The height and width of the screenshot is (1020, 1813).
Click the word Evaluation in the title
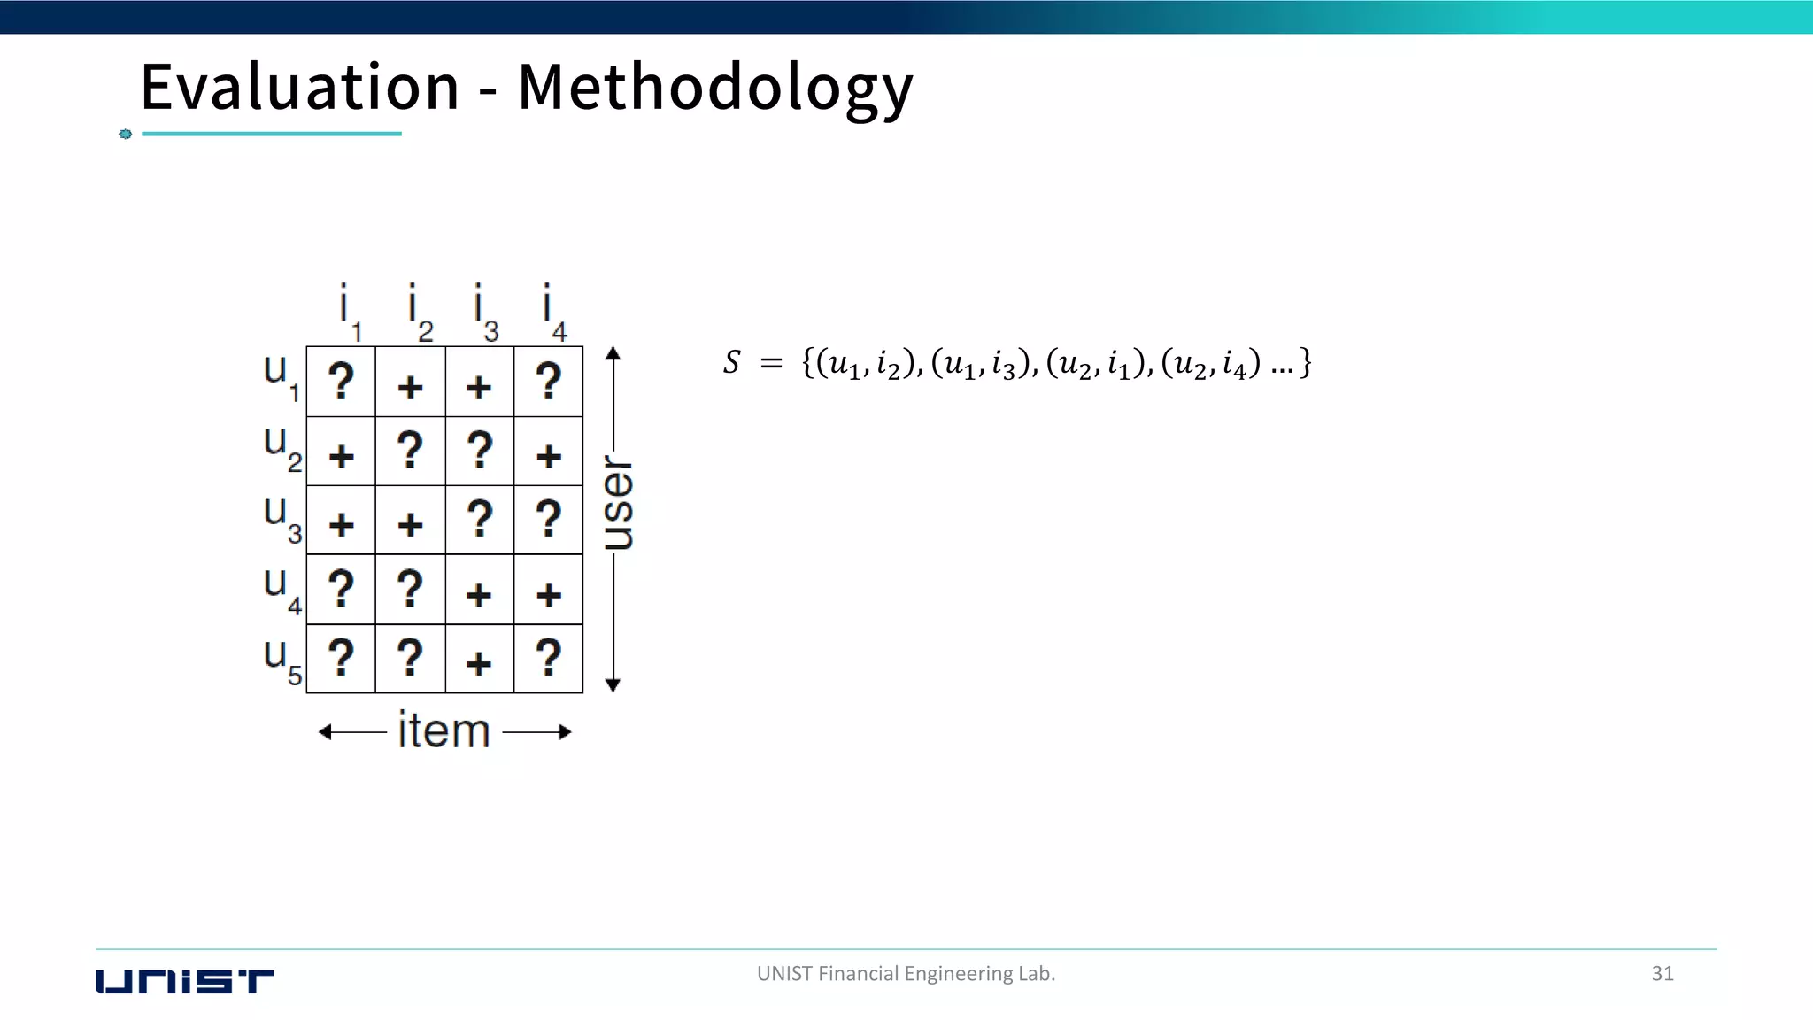[300, 88]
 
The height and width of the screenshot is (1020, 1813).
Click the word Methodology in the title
[714, 89]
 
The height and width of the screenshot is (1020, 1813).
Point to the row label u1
[281, 376]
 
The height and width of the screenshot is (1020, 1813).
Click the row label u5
[282, 661]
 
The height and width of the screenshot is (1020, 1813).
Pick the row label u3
[282, 518]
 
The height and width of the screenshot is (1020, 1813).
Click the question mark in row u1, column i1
[341, 382]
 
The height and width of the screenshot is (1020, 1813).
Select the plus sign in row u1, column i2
[410, 387]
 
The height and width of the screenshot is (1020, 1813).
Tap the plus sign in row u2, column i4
[549, 456]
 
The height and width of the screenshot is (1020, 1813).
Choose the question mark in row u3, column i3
[479, 520]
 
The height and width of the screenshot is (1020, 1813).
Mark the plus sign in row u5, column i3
[479, 663]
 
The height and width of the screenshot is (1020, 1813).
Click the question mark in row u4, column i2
[410, 589]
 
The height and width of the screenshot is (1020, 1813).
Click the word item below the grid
[444, 731]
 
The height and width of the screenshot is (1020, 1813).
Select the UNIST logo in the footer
[184, 981]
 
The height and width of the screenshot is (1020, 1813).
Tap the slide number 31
[1663, 974]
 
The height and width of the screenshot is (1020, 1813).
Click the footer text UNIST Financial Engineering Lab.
[906, 974]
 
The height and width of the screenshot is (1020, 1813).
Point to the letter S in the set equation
[731, 362]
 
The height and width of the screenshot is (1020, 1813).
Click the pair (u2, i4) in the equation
[1210, 363]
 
